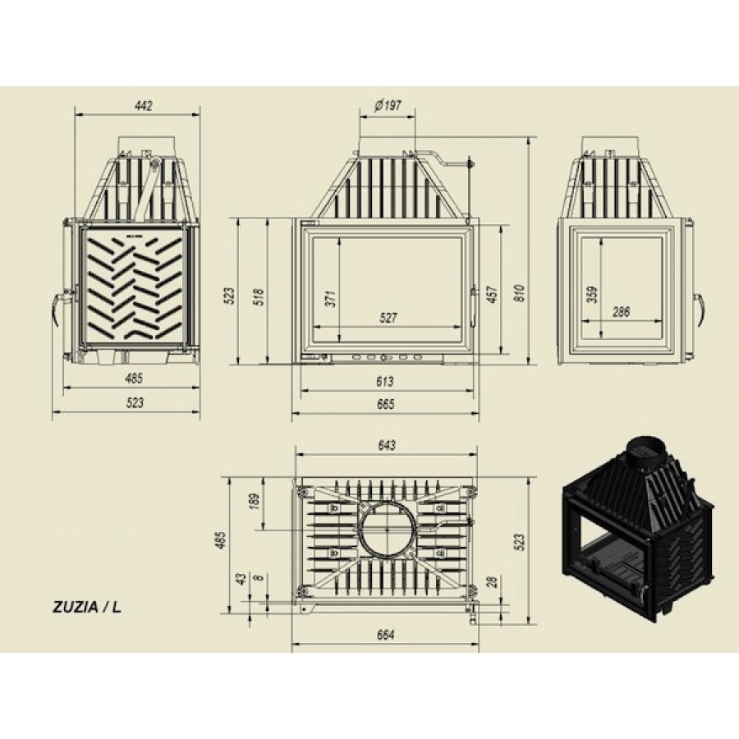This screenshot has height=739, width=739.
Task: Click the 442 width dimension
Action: pyautogui.click(x=143, y=106)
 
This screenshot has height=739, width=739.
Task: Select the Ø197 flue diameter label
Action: pyautogui.click(x=388, y=106)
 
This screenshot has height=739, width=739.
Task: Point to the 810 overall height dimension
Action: pyautogui.click(x=520, y=293)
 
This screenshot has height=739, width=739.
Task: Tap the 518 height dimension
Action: pyautogui.click(x=259, y=297)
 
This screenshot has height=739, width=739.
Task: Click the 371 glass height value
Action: pyautogui.click(x=332, y=298)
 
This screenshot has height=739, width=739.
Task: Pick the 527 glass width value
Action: pyautogui.click(x=388, y=318)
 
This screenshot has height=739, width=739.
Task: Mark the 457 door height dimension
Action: pyautogui.click(x=493, y=294)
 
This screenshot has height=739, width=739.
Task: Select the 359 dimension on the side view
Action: pyautogui.click(x=593, y=295)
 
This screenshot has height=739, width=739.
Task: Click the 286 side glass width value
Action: pyautogui.click(x=621, y=311)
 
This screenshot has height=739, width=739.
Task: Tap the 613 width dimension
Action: pyautogui.click(x=385, y=381)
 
